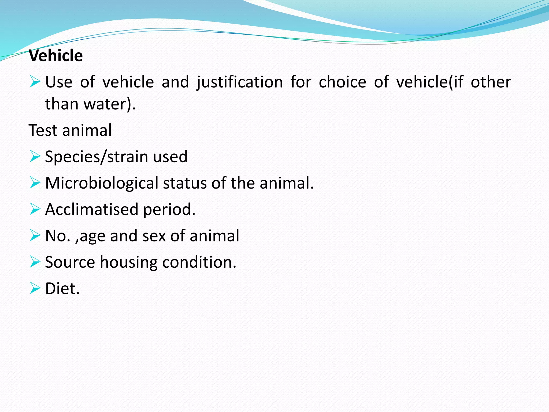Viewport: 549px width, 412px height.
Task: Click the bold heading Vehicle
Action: [x=56, y=56]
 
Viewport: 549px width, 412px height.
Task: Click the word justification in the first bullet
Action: [x=240, y=82]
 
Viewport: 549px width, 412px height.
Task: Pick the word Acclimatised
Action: [x=91, y=209]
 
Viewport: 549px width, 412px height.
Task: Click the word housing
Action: [x=128, y=262]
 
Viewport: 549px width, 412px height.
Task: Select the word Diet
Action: [x=62, y=289]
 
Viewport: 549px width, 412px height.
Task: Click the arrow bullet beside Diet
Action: [x=35, y=288]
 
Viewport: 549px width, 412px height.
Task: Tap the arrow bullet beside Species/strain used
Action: [x=35, y=156]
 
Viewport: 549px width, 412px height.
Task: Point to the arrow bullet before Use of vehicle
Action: [x=35, y=82]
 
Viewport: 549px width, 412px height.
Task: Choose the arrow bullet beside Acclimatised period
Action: [x=35, y=209]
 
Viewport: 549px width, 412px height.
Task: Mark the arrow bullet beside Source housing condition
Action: [x=35, y=262]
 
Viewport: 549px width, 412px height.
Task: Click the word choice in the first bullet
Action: [x=342, y=82]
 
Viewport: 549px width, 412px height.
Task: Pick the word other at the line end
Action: [x=491, y=82]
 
